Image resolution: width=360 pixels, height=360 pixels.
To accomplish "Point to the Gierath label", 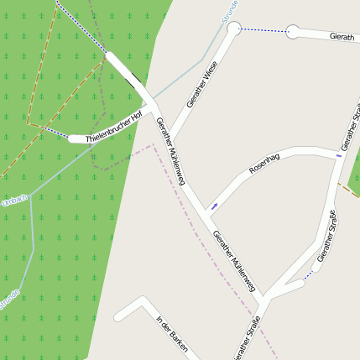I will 342,37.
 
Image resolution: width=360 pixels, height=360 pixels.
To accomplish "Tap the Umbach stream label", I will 14,200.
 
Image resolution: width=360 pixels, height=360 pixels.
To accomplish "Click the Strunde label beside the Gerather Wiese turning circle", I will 230,10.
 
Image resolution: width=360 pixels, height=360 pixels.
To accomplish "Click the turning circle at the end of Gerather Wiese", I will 233,29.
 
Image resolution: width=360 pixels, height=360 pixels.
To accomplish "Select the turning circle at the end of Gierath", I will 292,32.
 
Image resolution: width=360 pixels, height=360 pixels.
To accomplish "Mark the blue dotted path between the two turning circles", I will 263,30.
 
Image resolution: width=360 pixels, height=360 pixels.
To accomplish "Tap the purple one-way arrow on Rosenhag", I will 215,206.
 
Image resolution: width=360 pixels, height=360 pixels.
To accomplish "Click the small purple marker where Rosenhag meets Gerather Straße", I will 339,155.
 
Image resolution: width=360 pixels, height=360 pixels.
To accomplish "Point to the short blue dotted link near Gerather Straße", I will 309,274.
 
